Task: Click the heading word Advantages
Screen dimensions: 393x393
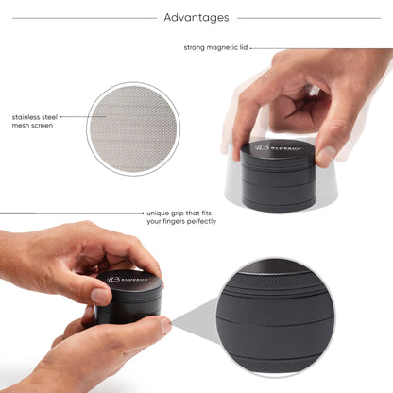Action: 196,17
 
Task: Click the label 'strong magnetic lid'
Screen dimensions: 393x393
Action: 215,46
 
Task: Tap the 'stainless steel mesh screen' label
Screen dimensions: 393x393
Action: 33,120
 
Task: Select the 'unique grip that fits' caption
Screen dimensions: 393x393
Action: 181,214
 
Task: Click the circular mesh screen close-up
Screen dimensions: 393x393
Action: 133,128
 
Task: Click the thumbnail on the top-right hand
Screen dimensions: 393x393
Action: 326,153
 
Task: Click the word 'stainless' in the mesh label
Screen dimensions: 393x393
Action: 26,115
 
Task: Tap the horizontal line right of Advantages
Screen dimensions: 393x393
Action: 312,17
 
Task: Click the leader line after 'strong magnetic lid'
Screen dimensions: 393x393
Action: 321,47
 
